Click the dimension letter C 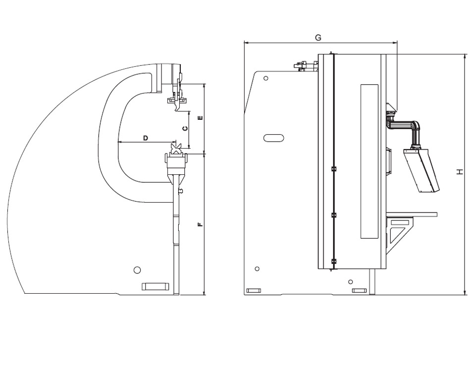[185, 129]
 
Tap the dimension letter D [146, 138]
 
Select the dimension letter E [201, 118]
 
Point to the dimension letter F [201, 224]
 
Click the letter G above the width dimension [318, 38]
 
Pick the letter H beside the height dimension [459, 172]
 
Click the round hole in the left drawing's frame [137, 270]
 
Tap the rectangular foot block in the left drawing [155, 286]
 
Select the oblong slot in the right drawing [273, 138]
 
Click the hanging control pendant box [421, 170]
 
